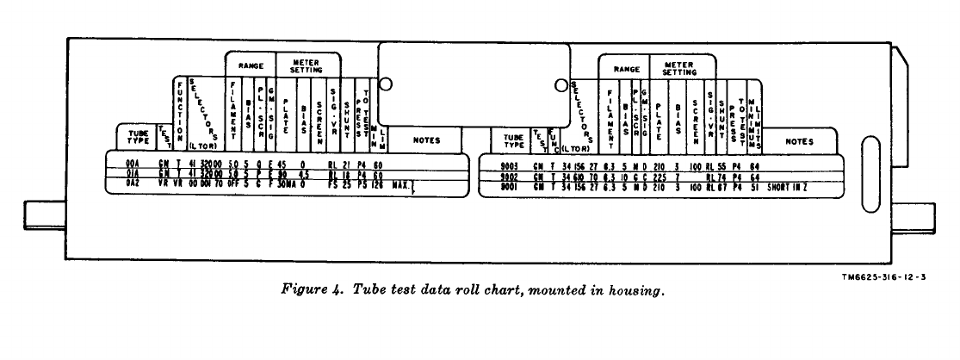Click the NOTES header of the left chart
point(426,139)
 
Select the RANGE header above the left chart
point(251,64)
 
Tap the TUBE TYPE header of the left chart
point(136,136)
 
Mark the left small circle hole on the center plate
point(386,85)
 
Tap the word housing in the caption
point(640,292)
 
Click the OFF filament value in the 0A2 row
point(231,183)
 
